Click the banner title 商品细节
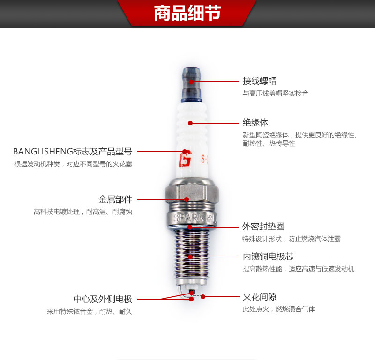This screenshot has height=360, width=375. click(187, 13)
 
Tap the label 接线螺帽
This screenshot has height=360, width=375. click(260, 81)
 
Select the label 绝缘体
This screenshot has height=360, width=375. click(255, 123)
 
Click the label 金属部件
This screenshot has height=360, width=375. click(115, 199)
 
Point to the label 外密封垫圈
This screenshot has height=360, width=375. click(263, 227)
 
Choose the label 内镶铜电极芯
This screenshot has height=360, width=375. click(268, 257)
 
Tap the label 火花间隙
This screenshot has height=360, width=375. click(260, 297)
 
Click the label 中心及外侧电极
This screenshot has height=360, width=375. click(103, 299)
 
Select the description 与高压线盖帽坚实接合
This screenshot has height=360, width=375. click(276, 93)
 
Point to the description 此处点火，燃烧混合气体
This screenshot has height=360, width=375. click(278, 309)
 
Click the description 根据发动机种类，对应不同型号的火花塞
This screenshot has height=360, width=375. click(73, 164)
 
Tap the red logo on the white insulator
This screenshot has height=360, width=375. click(185, 158)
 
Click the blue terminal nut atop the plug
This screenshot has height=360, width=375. click(192, 85)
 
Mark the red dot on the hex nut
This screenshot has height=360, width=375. click(187, 199)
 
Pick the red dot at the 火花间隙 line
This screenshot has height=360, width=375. click(203, 297)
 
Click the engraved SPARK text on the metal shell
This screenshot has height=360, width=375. click(189, 218)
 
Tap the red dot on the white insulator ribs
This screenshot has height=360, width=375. click(190, 123)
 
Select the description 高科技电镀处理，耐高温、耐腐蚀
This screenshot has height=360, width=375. click(83, 212)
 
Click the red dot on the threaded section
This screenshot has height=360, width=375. click(190, 257)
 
